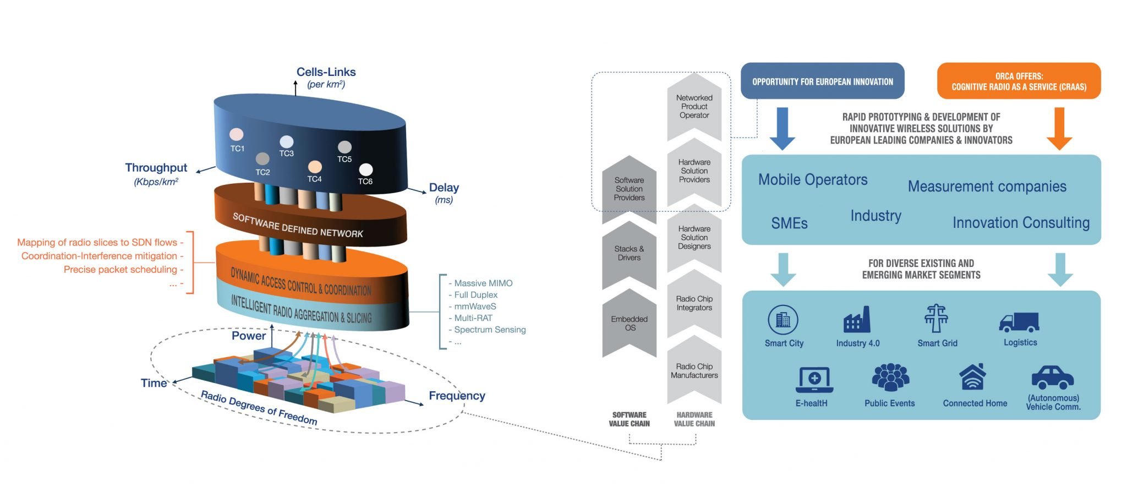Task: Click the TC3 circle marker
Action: pos(287,142)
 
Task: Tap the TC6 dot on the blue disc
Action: pos(365,170)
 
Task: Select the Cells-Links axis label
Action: pos(326,72)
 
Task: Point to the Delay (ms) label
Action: pos(444,192)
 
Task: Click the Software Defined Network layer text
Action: pos(298,225)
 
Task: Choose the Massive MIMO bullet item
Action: pos(483,283)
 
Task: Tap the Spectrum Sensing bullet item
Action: pos(489,329)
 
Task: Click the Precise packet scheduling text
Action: pos(121,269)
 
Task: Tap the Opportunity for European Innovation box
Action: pos(822,81)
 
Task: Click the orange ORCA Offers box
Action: pos(1019,81)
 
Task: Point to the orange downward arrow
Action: pos(1059,128)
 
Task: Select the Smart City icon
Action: pos(783,320)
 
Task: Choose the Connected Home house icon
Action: pos(972,377)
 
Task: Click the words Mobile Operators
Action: pos(812,179)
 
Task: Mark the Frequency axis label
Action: pos(457,396)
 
